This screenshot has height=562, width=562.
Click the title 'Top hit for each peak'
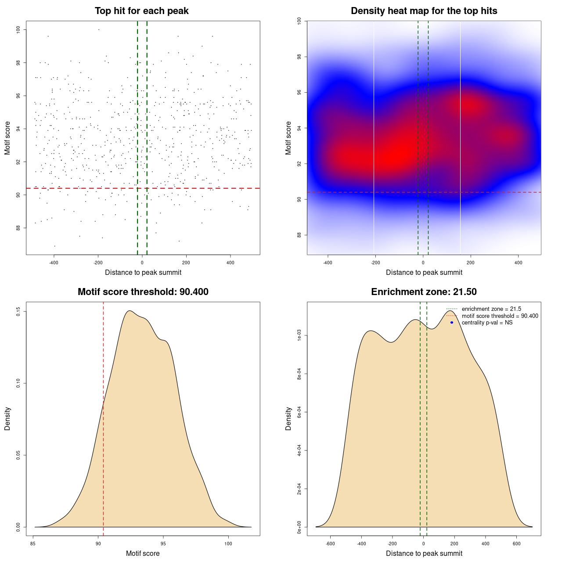tap(141, 11)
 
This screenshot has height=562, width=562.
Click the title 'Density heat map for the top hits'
tap(424, 11)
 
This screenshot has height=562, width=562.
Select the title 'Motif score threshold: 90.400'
tap(143, 292)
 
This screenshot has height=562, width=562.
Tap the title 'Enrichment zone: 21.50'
tap(424, 292)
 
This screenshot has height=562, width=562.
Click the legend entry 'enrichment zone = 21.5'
tap(491, 309)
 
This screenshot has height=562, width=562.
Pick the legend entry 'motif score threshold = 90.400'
tap(500, 316)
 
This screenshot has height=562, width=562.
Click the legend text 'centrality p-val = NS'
tap(487, 323)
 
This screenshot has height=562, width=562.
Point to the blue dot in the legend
tap(452, 323)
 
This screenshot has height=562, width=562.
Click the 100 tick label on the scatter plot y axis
tap(18, 29)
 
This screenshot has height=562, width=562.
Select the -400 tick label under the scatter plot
tap(54, 263)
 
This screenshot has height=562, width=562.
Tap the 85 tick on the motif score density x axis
tap(33, 544)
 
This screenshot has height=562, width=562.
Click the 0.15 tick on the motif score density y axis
tap(18, 312)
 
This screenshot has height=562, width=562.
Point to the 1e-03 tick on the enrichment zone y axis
tap(299, 336)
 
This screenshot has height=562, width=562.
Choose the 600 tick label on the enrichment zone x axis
tap(517, 544)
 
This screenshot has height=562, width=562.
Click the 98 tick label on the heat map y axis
tap(299, 57)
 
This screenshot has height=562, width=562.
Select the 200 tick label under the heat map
tap(471, 263)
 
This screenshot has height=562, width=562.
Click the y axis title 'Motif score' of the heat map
tap(288, 138)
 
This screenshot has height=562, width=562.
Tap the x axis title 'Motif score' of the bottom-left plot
tap(143, 553)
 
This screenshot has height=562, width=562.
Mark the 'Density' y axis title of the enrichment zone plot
tap(288, 418)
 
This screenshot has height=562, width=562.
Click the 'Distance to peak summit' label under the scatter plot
tap(143, 272)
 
